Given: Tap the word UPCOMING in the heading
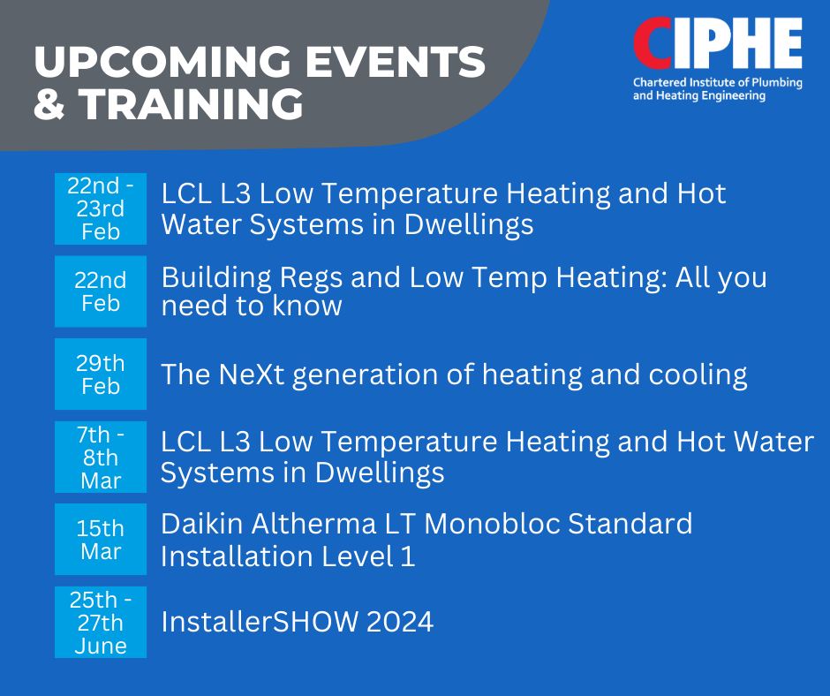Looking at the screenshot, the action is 162,62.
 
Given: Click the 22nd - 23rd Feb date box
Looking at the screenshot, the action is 101,208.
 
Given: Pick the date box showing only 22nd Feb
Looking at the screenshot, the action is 101,291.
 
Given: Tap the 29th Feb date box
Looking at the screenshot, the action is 101,374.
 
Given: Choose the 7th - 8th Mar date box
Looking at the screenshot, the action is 101,458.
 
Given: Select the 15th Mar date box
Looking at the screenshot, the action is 101,539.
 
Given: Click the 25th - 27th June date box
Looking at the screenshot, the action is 101,623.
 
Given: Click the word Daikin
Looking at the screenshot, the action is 202,524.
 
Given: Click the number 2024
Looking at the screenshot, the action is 400,621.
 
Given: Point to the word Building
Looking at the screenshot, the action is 216,278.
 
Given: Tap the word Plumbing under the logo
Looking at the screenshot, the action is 777,83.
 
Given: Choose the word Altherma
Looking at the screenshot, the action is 313,524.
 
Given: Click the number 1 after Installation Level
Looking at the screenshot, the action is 408,556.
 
